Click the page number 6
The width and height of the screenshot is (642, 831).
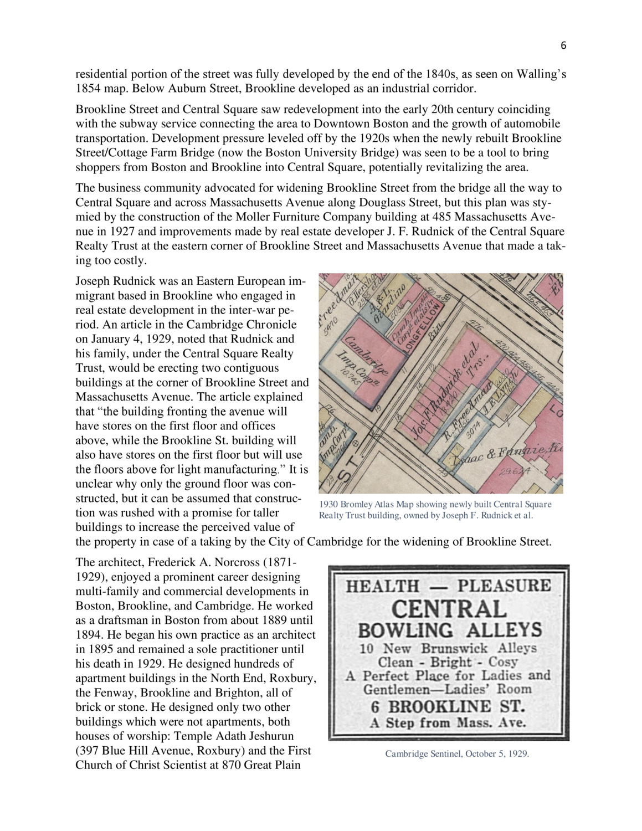coord(563,47)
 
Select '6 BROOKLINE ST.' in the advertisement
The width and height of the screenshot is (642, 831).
coord(448,707)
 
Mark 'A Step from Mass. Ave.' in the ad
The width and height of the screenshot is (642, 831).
coord(448,723)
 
